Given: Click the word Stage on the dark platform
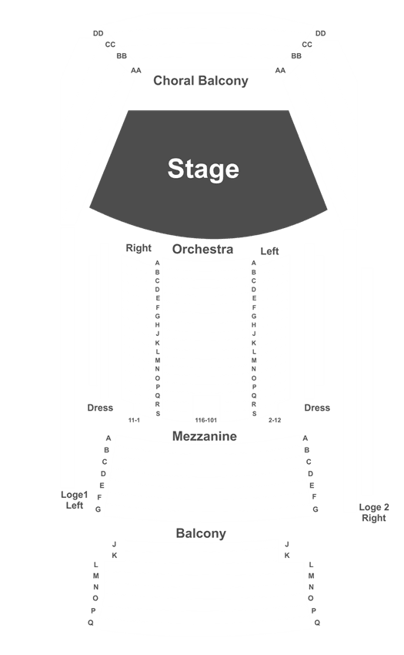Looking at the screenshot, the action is point(203,169).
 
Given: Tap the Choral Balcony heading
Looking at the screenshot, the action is point(201,81).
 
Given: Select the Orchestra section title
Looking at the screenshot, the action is point(203,250).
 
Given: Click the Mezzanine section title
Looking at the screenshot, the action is point(205,436).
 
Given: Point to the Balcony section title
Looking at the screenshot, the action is point(201,533).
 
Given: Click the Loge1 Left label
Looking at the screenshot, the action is point(75,500).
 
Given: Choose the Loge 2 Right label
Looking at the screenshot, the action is point(374,512).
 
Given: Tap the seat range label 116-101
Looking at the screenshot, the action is point(206,420).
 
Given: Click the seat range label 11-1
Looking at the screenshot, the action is point(134,420).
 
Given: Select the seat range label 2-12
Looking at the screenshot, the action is point(275,420).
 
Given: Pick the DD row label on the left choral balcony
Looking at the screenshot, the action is point(98,33).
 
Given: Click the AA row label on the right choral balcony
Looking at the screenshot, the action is point(280,71).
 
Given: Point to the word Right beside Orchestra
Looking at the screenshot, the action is point(139,248).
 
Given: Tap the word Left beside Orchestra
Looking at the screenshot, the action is point(269,251).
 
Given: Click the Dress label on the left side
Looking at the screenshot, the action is point(100,408).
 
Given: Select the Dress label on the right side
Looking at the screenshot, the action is point(317,408).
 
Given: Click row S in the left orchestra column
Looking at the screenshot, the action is point(158,414).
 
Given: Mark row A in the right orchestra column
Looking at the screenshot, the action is point(254,264).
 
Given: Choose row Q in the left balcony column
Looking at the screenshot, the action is point(91,623).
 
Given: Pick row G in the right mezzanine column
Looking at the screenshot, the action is point(316,509).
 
